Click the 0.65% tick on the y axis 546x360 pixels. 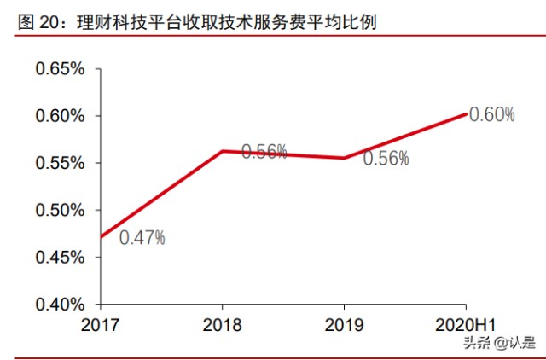[x=60, y=69]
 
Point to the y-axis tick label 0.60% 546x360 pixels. [x=60, y=116]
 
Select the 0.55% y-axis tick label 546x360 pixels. [x=60, y=163]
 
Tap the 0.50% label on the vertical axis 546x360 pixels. [x=60, y=210]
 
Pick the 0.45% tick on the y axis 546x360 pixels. [x=60, y=257]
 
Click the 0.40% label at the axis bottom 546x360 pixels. [x=60, y=305]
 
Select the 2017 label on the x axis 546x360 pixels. [x=101, y=325]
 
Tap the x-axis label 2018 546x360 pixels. [x=222, y=325]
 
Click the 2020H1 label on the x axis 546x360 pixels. [x=467, y=325]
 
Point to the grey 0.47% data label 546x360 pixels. [x=142, y=238]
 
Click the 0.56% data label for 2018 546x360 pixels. [x=264, y=152]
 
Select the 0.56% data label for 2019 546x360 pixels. [x=386, y=158]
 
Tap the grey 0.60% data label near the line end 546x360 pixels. [x=492, y=114]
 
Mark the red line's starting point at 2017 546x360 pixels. [x=102, y=237]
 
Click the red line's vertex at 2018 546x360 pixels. [x=222, y=151]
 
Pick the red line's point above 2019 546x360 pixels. [x=344, y=158]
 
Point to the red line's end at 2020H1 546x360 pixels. [x=466, y=113]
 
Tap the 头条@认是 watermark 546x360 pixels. [x=499, y=343]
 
